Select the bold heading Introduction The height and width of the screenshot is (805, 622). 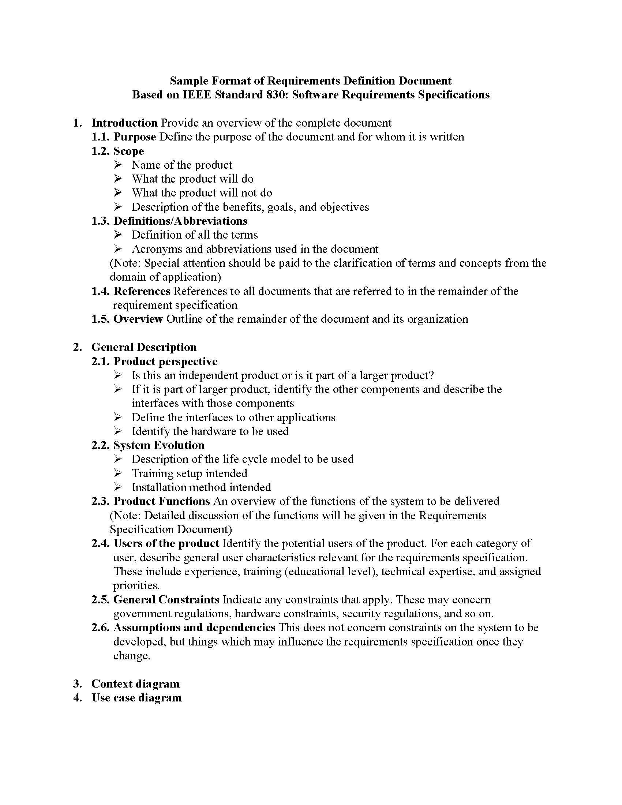pyautogui.click(x=124, y=123)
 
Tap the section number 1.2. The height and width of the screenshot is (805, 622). pyautogui.click(x=100, y=151)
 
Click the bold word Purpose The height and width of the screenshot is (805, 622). pyautogui.click(x=135, y=137)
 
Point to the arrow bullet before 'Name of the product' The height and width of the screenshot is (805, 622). pyautogui.click(x=117, y=164)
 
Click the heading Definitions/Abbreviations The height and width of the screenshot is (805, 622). pyautogui.click(x=180, y=221)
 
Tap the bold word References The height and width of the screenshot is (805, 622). pyautogui.click(x=142, y=291)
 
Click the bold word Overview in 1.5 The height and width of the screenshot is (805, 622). pyautogui.click(x=138, y=319)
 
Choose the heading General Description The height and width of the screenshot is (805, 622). pyautogui.click(x=144, y=347)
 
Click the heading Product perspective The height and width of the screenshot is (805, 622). pyautogui.click(x=165, y=361)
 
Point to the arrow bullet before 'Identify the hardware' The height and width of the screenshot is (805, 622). pyautogui.click(x=117, y=431)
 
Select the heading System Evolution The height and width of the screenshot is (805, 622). pyautogui.click(x=158, y=445)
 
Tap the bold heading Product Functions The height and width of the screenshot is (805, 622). pyautogui.click(x=161, y=501)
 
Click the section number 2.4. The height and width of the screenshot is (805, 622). pyautogui.click(x=100, y=543)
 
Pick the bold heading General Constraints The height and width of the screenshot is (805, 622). pyautogui.click(x=166, y=600)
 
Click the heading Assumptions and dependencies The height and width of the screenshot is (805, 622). pyautogui.click(x=194, y=628)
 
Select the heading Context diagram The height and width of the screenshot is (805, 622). pyautogui.click(x=135, y=684)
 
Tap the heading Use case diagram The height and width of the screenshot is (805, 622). pyautogui.click(x=136, y=698)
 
